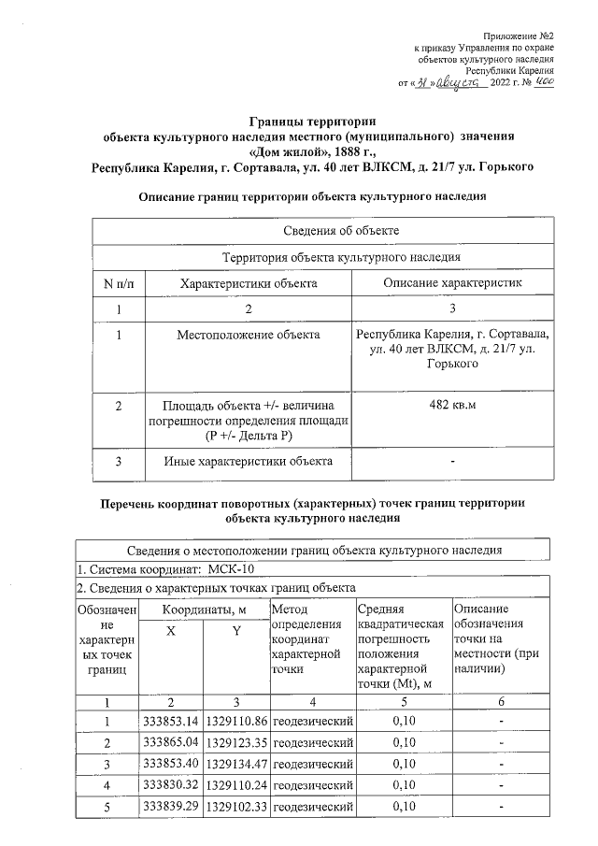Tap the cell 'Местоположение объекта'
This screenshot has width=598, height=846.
point(248,334)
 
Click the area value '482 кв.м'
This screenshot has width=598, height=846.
point(452,405)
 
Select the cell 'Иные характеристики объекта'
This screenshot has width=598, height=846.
point(248,461)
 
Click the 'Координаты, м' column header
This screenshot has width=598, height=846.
point(204,609)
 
